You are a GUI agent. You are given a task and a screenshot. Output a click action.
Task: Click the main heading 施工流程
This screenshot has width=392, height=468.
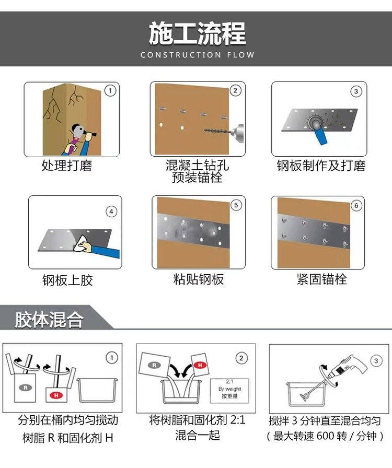[x=198, y=33]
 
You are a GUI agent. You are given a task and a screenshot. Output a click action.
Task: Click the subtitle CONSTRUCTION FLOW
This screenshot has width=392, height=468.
[x=198, y=55]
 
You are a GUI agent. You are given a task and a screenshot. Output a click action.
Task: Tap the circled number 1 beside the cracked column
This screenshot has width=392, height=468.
[x=110, y=90]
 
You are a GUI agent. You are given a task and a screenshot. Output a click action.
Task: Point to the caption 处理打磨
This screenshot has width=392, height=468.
[x=67, y=166]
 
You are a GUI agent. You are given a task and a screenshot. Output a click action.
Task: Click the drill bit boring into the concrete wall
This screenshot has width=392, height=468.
[x=217, y=131]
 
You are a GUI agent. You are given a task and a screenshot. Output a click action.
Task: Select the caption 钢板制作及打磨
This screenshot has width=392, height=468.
[x=321, y=166]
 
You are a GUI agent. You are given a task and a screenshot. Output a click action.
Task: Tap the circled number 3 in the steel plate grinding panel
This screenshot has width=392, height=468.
[x=356, y=91]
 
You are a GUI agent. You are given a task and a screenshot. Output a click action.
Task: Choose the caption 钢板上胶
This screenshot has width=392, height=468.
[x=67, y=280]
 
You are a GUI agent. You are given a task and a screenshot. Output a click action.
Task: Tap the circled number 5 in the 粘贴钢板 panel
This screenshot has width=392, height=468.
[x=236, y=205]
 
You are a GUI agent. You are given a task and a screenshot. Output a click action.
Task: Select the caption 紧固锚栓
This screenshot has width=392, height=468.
[x=322, y=279]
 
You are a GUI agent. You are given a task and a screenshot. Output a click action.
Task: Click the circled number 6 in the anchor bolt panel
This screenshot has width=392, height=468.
[x=356, y=205]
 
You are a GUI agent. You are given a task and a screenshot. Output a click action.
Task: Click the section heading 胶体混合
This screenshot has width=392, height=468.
[x=49, y=320]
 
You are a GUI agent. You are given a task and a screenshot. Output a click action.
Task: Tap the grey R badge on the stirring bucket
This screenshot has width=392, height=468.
[x=26, y=388]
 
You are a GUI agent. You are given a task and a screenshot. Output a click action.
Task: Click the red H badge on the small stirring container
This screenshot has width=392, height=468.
[x=56, y=395]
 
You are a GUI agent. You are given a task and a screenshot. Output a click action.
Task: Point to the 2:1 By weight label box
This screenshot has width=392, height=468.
[x=229, y=390]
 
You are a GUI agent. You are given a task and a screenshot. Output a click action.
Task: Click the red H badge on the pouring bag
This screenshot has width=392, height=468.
[x=200, y=365]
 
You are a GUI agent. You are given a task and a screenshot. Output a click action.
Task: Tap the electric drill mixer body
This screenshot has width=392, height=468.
[x=347, y=368]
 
